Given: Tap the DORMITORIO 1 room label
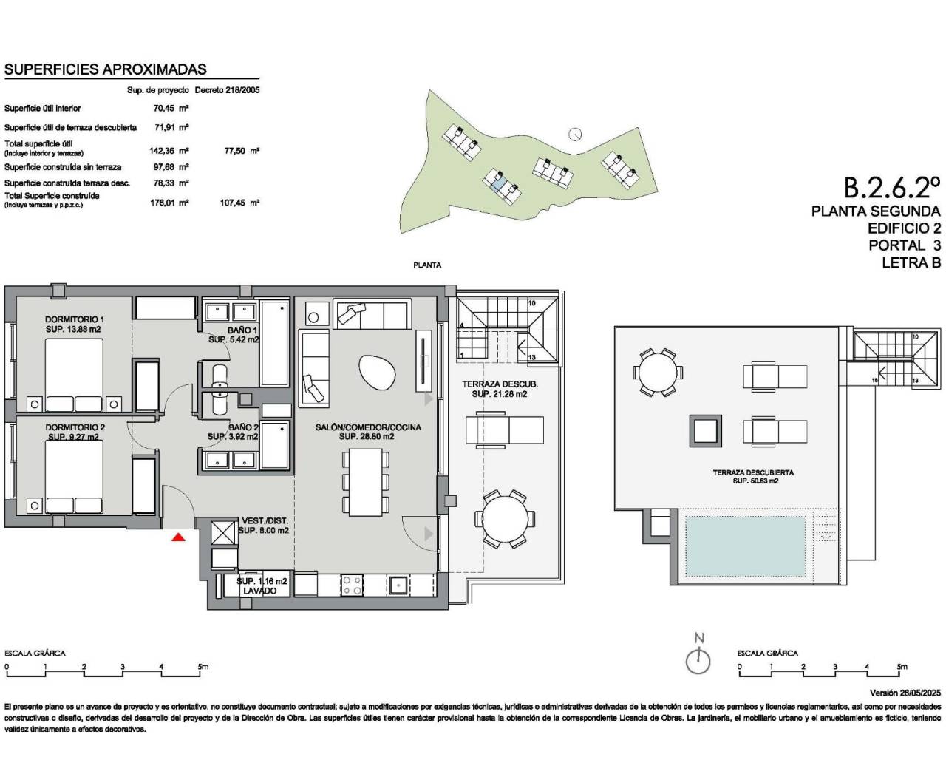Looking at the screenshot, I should [73, 319].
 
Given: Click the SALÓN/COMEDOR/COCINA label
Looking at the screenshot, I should [368, 427].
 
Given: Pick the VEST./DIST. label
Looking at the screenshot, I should [264, 520].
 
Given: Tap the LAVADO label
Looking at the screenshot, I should [262, 591].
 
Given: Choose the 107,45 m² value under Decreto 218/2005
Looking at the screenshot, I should [242, 202].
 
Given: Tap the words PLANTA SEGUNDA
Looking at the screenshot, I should [876, 211].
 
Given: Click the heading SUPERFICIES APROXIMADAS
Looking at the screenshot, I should [106, 69].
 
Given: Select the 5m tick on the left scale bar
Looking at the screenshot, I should [201, 667].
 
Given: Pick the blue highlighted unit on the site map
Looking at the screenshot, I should [500, 180].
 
